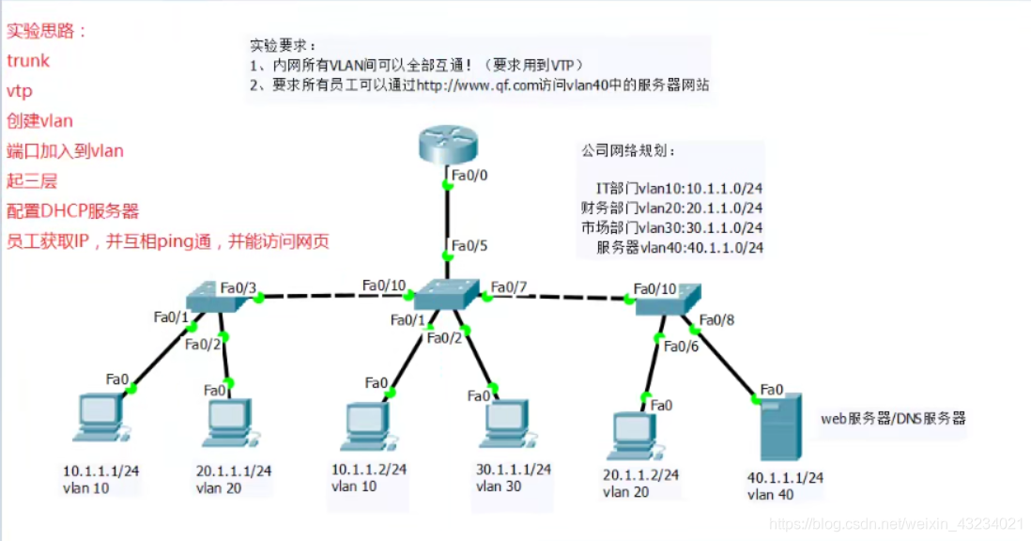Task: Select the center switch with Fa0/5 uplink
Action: pos(446,296)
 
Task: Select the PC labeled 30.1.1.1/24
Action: pos(499,425)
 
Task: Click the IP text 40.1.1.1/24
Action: pos(785,478)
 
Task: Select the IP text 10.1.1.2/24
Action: pos(368,469)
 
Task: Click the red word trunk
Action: pos(28,60)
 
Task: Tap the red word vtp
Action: pos(20,90)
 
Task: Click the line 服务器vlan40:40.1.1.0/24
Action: pos(680,248)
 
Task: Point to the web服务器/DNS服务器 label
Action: pos(893,418)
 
